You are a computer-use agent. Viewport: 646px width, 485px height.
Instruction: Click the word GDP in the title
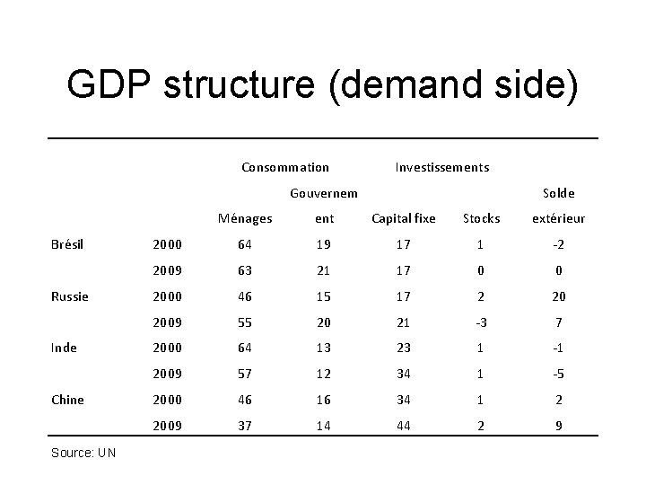pos(109,84)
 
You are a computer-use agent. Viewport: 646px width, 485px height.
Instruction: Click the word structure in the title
pos(240,84)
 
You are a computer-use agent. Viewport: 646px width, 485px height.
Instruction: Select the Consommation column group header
pos(285,167)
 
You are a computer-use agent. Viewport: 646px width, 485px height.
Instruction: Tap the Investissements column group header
pos(442,167)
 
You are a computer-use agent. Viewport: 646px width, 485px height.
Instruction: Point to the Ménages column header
pos(245,218)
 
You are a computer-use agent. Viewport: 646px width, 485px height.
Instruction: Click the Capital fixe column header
pos(404,218)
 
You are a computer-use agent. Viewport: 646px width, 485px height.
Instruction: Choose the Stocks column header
pos(481,218)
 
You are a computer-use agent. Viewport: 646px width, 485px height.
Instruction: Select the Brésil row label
pos(67,244)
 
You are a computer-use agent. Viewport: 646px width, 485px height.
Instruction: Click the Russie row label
pos(70,296)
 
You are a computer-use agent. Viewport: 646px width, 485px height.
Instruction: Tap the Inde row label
pos(64,348)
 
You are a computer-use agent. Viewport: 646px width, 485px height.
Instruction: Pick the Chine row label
pos(67,400)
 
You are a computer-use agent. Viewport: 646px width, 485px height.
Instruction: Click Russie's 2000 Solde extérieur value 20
pos(559,296)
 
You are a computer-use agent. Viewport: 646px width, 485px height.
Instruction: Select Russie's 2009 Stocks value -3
pos(481,322)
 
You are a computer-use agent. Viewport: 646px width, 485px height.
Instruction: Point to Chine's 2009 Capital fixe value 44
pos(404,426)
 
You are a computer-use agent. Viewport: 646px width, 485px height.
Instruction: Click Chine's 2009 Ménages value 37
pos(245,426)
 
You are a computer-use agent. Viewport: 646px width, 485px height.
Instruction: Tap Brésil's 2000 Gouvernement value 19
pos(323,244)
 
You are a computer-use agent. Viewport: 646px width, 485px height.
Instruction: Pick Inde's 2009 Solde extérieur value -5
pos(558,374)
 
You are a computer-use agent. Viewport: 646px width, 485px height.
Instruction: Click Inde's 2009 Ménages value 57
pos(245,374)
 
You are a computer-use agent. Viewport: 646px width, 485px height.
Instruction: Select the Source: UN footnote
pos(83,453)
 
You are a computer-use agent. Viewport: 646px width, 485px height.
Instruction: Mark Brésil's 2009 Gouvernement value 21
pos(323,270)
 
